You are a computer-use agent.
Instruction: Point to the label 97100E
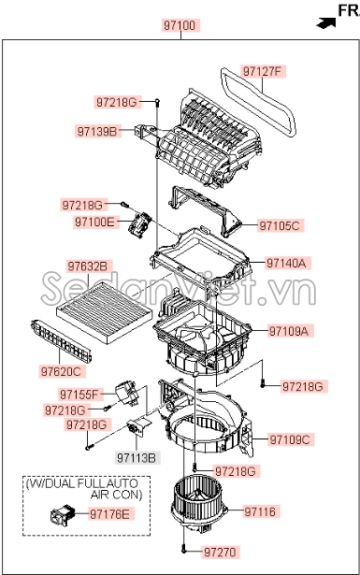tap(95, 222)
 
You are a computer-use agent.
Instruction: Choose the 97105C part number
tap(280, 225)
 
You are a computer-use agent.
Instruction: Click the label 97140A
tap(286, 264)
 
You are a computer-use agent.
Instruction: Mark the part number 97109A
tap(289, 331)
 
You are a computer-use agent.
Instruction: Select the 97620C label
tap(89, 372)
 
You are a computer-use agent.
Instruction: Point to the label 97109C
tap(289, 439)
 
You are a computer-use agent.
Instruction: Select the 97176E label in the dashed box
tap(111, 513)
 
